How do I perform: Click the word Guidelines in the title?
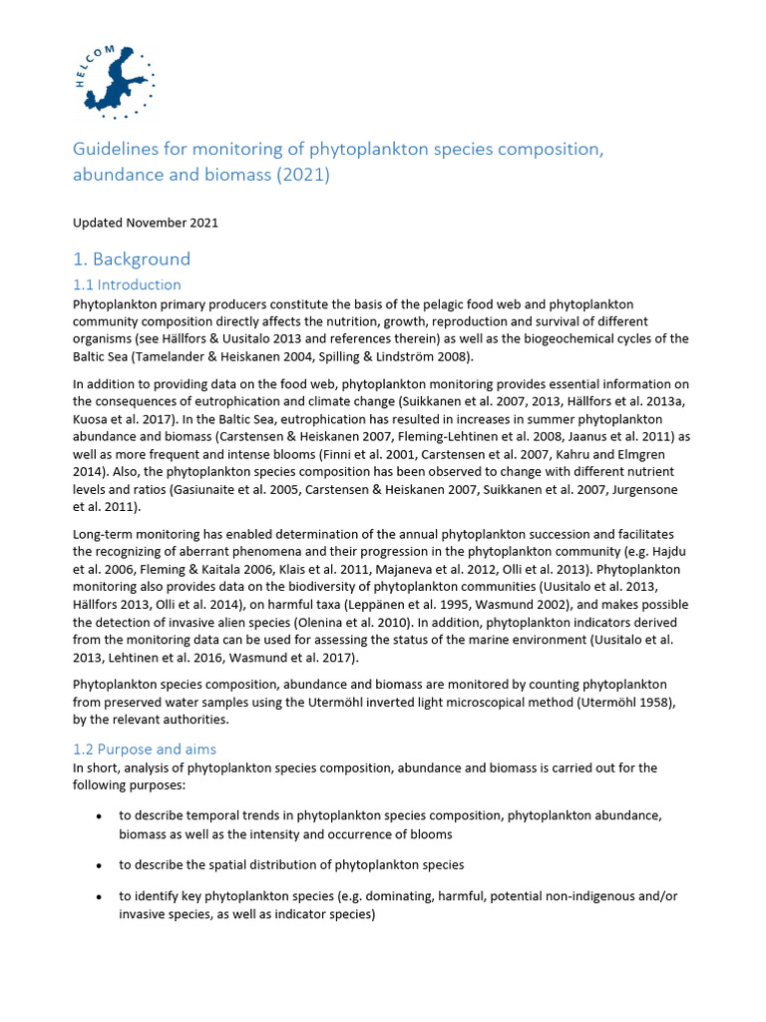(x=110, y=150)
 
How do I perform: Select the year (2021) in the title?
(x=296, y=175)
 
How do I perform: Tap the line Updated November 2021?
(x=146, y=223)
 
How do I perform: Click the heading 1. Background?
(x=131, y=259)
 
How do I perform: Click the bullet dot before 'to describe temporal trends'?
(x=98, y=816)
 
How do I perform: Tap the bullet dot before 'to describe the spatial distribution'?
(x=98, y=865)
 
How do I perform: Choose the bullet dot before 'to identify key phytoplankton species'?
(x=98, y=896)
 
